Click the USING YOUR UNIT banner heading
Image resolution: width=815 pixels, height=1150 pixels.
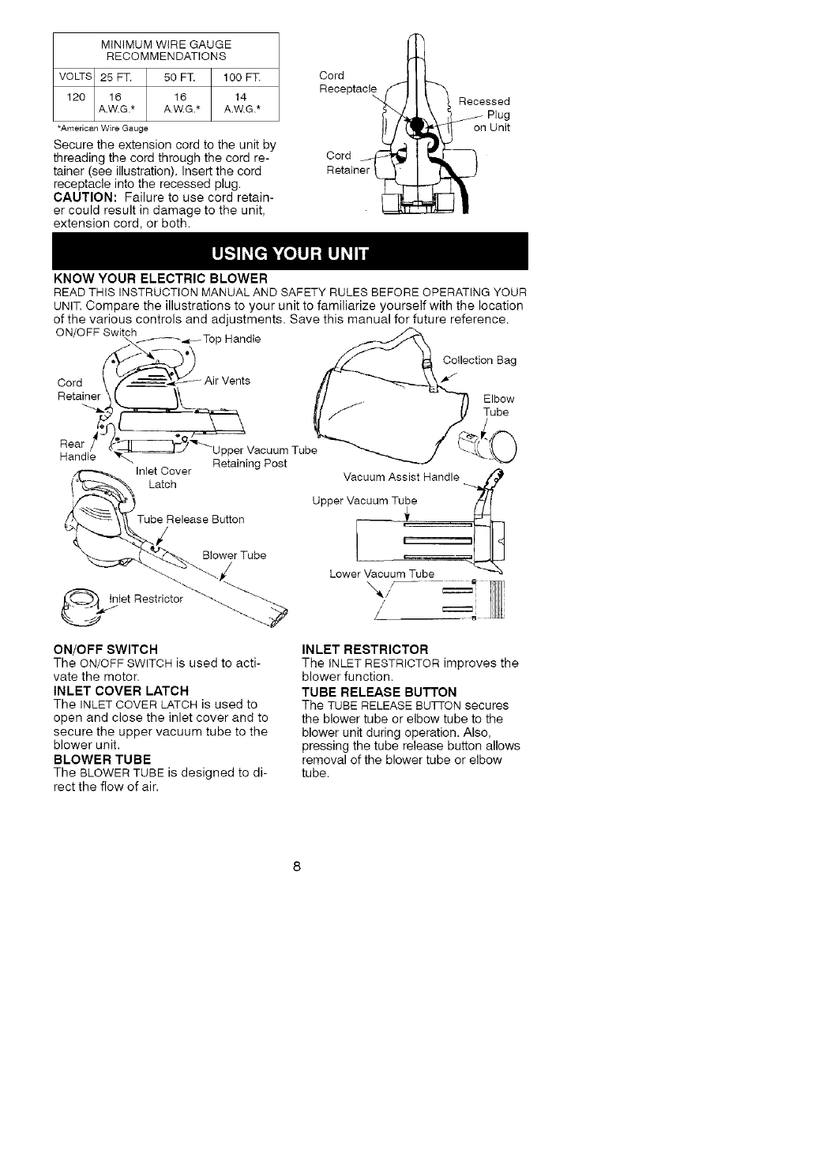point(289,253)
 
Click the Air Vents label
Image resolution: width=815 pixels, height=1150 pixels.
point(227,381)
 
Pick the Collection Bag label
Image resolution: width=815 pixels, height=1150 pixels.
point(479,360)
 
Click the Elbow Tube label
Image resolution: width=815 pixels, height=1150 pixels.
point(498,405)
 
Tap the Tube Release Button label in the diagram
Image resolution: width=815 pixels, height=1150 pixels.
point(190,519)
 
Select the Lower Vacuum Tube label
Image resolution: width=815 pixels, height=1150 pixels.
point(381,573)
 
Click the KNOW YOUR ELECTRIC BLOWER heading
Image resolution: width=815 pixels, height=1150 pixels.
point(160,278)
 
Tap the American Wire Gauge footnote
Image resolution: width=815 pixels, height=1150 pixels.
point(103,127)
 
